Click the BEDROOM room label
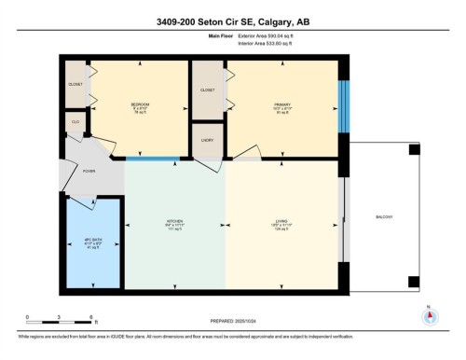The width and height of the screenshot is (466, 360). point(140,104)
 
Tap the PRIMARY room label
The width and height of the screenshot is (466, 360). point(281,104)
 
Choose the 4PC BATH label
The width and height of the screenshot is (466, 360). point(91,241)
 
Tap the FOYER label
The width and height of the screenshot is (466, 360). point(89,171)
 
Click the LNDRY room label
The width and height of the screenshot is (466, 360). point(208,140)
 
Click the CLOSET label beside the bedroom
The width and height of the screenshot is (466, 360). point(75,82)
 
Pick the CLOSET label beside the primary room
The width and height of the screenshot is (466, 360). point(208,91)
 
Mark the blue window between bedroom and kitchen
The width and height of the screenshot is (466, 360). point(153,159)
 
